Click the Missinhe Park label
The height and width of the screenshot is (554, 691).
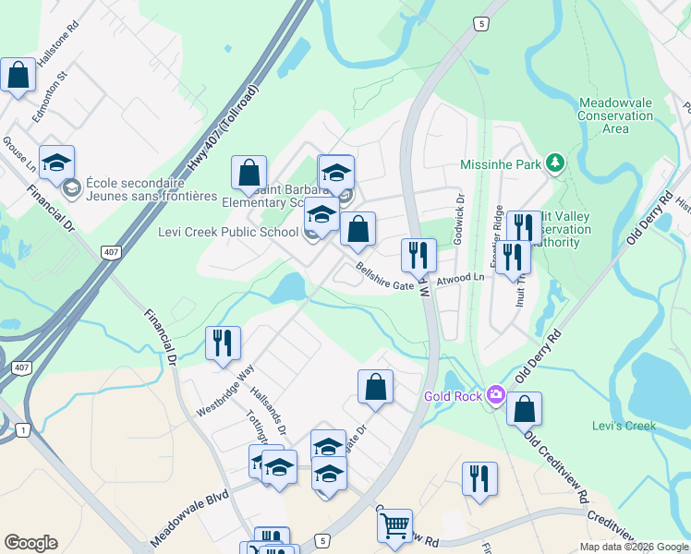click(501, 165)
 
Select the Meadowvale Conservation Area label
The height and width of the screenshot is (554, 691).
click(615, 115)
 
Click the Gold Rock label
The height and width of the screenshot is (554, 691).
click(453, 396)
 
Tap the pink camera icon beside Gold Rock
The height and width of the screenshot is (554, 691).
click(495, 395)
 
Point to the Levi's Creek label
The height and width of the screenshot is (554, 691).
click(624, 426)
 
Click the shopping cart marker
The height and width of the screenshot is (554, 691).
click(394, 525)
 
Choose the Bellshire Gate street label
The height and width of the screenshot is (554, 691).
click(385, 277)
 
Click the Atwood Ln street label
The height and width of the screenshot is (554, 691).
click(460, 277)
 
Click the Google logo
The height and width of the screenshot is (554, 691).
click(30, 543)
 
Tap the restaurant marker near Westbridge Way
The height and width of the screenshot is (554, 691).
click(223, 343)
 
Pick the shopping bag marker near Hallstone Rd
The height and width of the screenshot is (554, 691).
click(18, 76)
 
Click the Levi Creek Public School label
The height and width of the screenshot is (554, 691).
click(227, 232)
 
